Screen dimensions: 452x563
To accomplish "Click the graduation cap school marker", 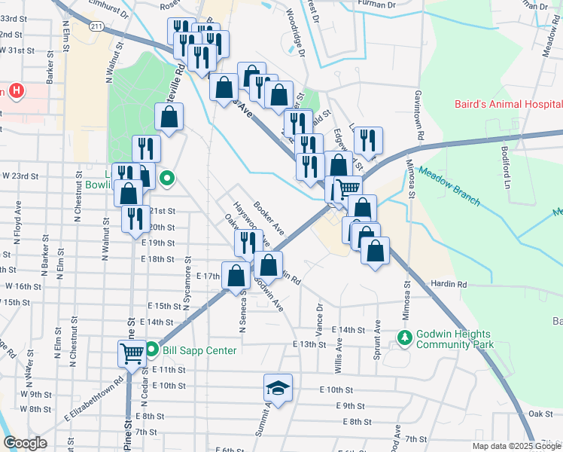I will pyautogui.click(x=278, y=388).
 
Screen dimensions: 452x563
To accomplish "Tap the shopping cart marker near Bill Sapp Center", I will pyautogui.click(x=132, y=353).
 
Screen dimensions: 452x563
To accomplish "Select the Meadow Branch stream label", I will pyautogui.click(x=449, y=184).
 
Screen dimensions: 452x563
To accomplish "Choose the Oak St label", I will pyautogui.click(x=540, y=414).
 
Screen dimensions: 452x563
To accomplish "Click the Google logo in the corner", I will pyautogui.click(x=25, y=443).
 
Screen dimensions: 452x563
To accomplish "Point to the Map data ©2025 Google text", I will pyautogui.click(x=516, y=446).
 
